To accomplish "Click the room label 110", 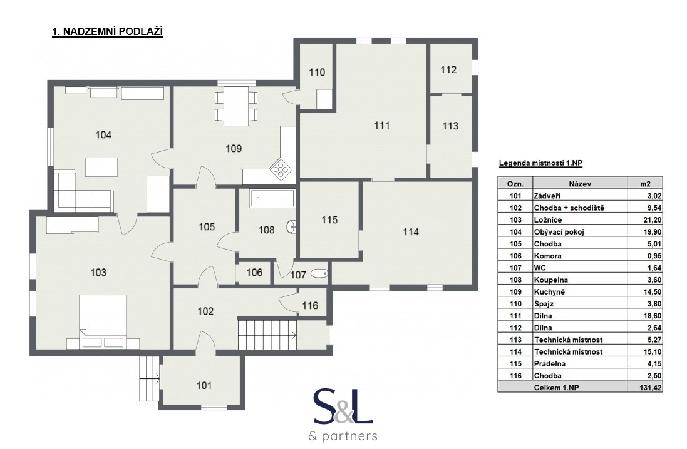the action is [x=317, y=72].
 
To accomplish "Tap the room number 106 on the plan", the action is [x=254, y=273].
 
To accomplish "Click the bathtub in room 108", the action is [x=272, y=199].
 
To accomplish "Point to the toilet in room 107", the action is [x=319, y=273].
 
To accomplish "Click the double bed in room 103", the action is [x=103, y=321].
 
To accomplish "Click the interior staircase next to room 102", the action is [x=267, y=333].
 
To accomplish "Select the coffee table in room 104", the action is [x=101, y=167].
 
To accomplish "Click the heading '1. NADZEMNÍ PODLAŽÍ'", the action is [x=107, y=32].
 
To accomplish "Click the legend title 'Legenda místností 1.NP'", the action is [x=540, y=164].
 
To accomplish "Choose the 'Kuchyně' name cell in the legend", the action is [x=549, y=292].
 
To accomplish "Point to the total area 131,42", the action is [x=651, y=388].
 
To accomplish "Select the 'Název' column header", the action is [x=580, y=184].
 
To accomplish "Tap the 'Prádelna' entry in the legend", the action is [x=549, y=364].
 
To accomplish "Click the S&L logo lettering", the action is [x=343, y=407].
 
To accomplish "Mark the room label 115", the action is [x=329, y=219].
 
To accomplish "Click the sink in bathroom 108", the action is [x=292, y=226].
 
